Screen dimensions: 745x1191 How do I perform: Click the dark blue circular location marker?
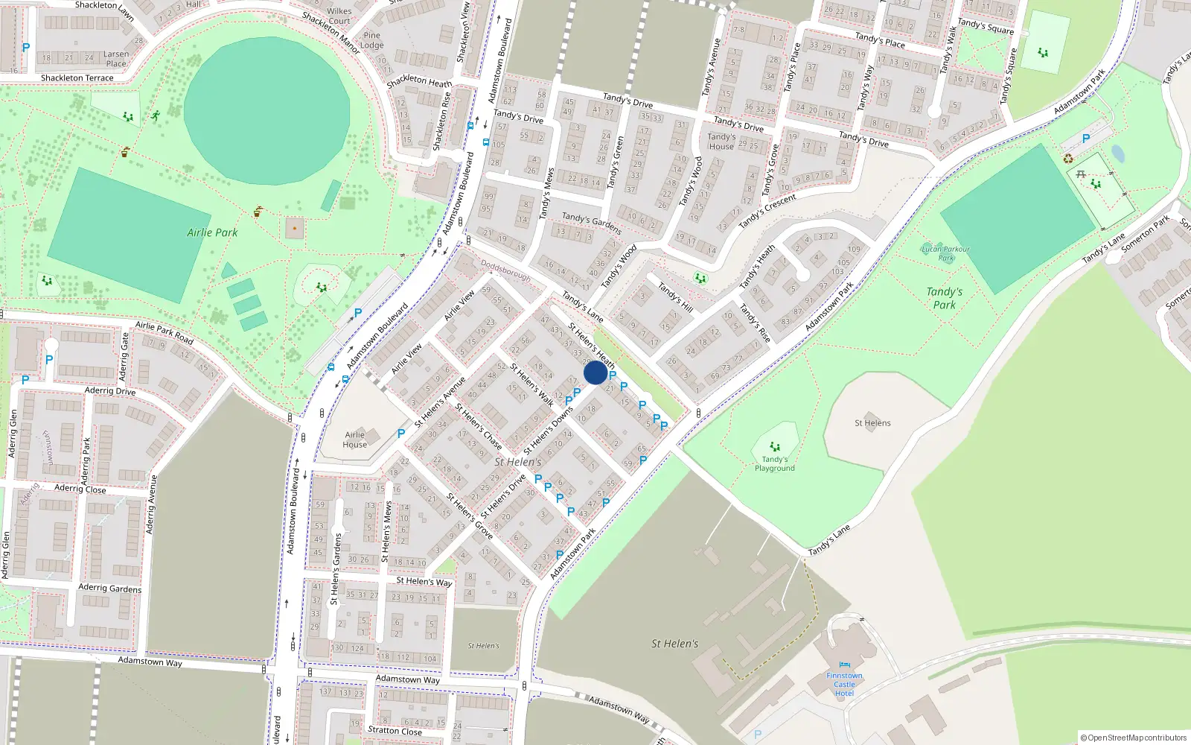pos(595,372)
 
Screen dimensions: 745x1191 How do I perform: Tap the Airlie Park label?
pos(212,232)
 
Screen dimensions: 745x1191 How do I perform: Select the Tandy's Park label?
pos(944,298)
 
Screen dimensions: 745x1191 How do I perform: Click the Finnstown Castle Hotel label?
pos(844,685)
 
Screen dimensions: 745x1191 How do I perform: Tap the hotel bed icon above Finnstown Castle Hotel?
pos(843,665)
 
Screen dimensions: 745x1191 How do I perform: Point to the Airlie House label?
pos(354,440)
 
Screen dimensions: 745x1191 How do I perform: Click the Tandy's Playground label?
pos(775,463)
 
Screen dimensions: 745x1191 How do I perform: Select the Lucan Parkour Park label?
pos(945,253)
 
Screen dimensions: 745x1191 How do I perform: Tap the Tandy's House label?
pos(721,142)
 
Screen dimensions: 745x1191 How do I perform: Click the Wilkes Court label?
pos(339,16)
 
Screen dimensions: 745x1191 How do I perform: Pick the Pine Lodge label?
pos(371,40)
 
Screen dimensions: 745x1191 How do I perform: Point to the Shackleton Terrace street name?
pos(77,77)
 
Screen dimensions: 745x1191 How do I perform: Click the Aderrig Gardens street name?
pos(109,588)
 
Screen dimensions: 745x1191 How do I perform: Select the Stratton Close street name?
pos(395,731)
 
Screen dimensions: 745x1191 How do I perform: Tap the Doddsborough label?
pos(505,270)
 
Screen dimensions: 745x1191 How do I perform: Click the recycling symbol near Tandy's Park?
pos(1068,158)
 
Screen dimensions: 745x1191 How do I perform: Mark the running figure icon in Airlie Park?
pos(155,116)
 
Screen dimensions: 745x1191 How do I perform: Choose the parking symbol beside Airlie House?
pos(401,433)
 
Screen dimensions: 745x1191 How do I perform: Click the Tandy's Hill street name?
pos(674,297)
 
